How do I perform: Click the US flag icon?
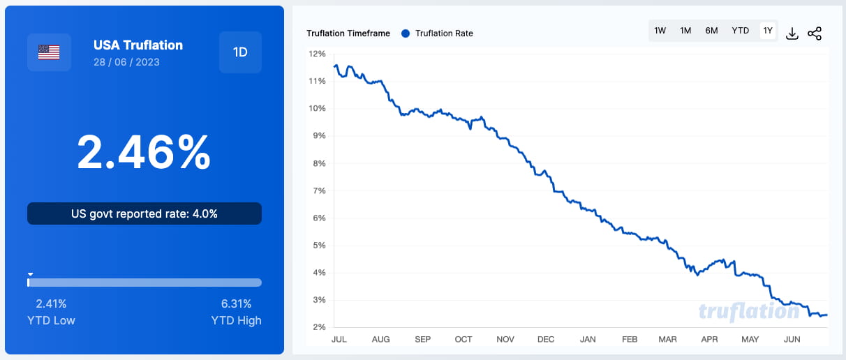[x=49, y=52]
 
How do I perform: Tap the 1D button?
[x=240, y=52]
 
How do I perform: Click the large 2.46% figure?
[x=144, y=152]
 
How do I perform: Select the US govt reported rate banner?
[x=144, y=213]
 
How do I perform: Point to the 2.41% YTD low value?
[x=51, y=303]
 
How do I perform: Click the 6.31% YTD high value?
[x=236, y=303]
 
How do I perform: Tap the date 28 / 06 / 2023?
[x=126, y=62]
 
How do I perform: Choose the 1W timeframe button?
[x=660, y=31]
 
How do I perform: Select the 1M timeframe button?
[x=685, y=31]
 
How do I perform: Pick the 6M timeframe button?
[x=711, y=31]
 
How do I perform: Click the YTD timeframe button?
[x=740, y=31]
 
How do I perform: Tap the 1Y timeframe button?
[x=768, y=31]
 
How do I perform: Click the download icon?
[x=792, y=33]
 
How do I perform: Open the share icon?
[x=815, y=33]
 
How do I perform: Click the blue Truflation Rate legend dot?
[x=405, y=33]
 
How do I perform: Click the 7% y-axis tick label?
[x=319, y=190]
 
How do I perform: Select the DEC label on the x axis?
[x=546, y=339]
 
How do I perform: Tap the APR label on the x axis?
[x=709, y=339]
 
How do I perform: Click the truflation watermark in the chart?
[x=749, y=311]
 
